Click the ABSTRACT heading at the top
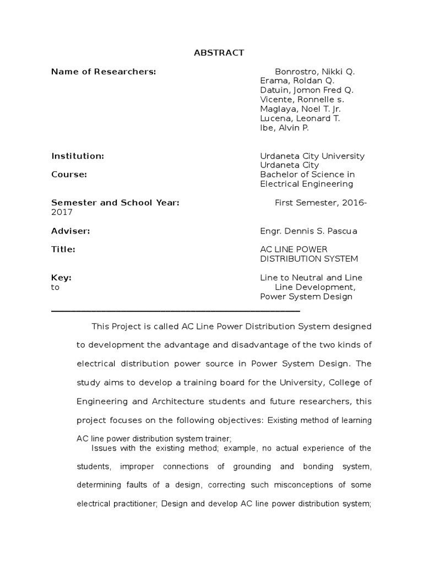click(x=219, y=53)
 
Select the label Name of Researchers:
click(x=104, y=72)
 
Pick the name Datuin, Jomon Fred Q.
click(x=307, y=90)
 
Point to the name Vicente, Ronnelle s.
click(x=302, y=100)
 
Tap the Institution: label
click(x=78, y=156)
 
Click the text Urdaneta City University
click(x=312, y=156)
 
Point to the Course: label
click(x=69, y=175)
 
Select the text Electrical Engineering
click(x=306, y=184)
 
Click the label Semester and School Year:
click(x=115, y=203)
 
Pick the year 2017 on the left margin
click(x=61, y=212)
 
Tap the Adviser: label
click(x=70, y=231)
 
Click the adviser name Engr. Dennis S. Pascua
click(x=308, y=231)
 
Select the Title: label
click(x=63, y=250)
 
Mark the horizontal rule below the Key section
click(x=175, y=311)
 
